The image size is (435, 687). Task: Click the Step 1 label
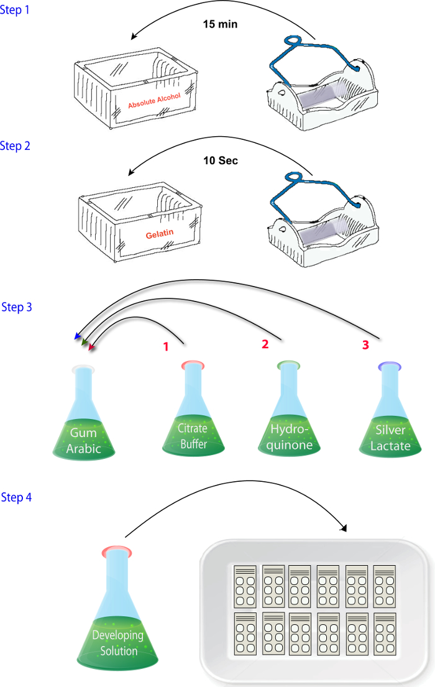(x=14, y=10)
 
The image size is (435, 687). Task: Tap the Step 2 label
(x=15, y=146)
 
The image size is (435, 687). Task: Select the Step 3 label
(x=17, y=307)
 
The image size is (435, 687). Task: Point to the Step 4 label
(x=16, y=497)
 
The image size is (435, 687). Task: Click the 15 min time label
(x=221, y=24)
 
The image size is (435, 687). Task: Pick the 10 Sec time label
(x=221, y=161)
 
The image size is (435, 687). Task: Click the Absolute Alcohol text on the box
(x=154, y=101)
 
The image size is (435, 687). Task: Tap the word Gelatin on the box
(x=160, y=234)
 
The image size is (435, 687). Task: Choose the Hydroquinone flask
(x=289, y=409)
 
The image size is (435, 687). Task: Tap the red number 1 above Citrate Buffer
(x=166, y=347)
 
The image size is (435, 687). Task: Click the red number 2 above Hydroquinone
(x=265, y=344)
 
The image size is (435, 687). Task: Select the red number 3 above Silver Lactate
(x=366, y=345)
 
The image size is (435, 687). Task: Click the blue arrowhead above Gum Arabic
(x=78, y=336)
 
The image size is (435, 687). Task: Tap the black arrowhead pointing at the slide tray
(x=344, y=528)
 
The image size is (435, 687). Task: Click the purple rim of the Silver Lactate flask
(x=390, y=366)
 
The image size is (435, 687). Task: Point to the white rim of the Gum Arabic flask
(x=83, y=369)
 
